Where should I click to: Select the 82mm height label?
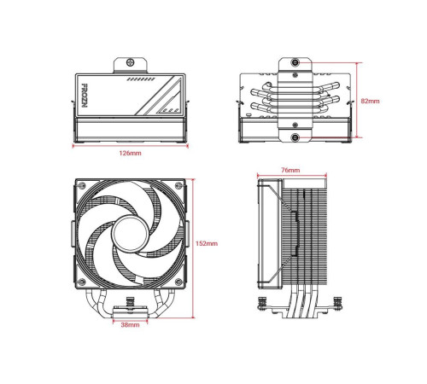pyautogui.click(x=370, y=100)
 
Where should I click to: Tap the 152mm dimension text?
pyautogui.click(x=207, y=244)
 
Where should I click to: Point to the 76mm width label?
pyautogui.click(x=291, y=171)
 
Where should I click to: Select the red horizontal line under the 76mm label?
pyautogui.click(x=290, y=177)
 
